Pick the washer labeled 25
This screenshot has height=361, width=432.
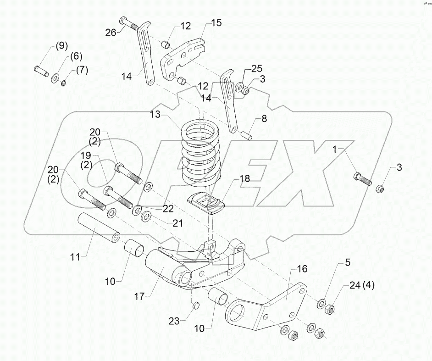pyautogui.click(x=239, y=87)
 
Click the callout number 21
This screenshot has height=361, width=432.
pyautogui.click(x=177, y=223)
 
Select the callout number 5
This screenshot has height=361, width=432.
pyautogui.click(x=348, y=263)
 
